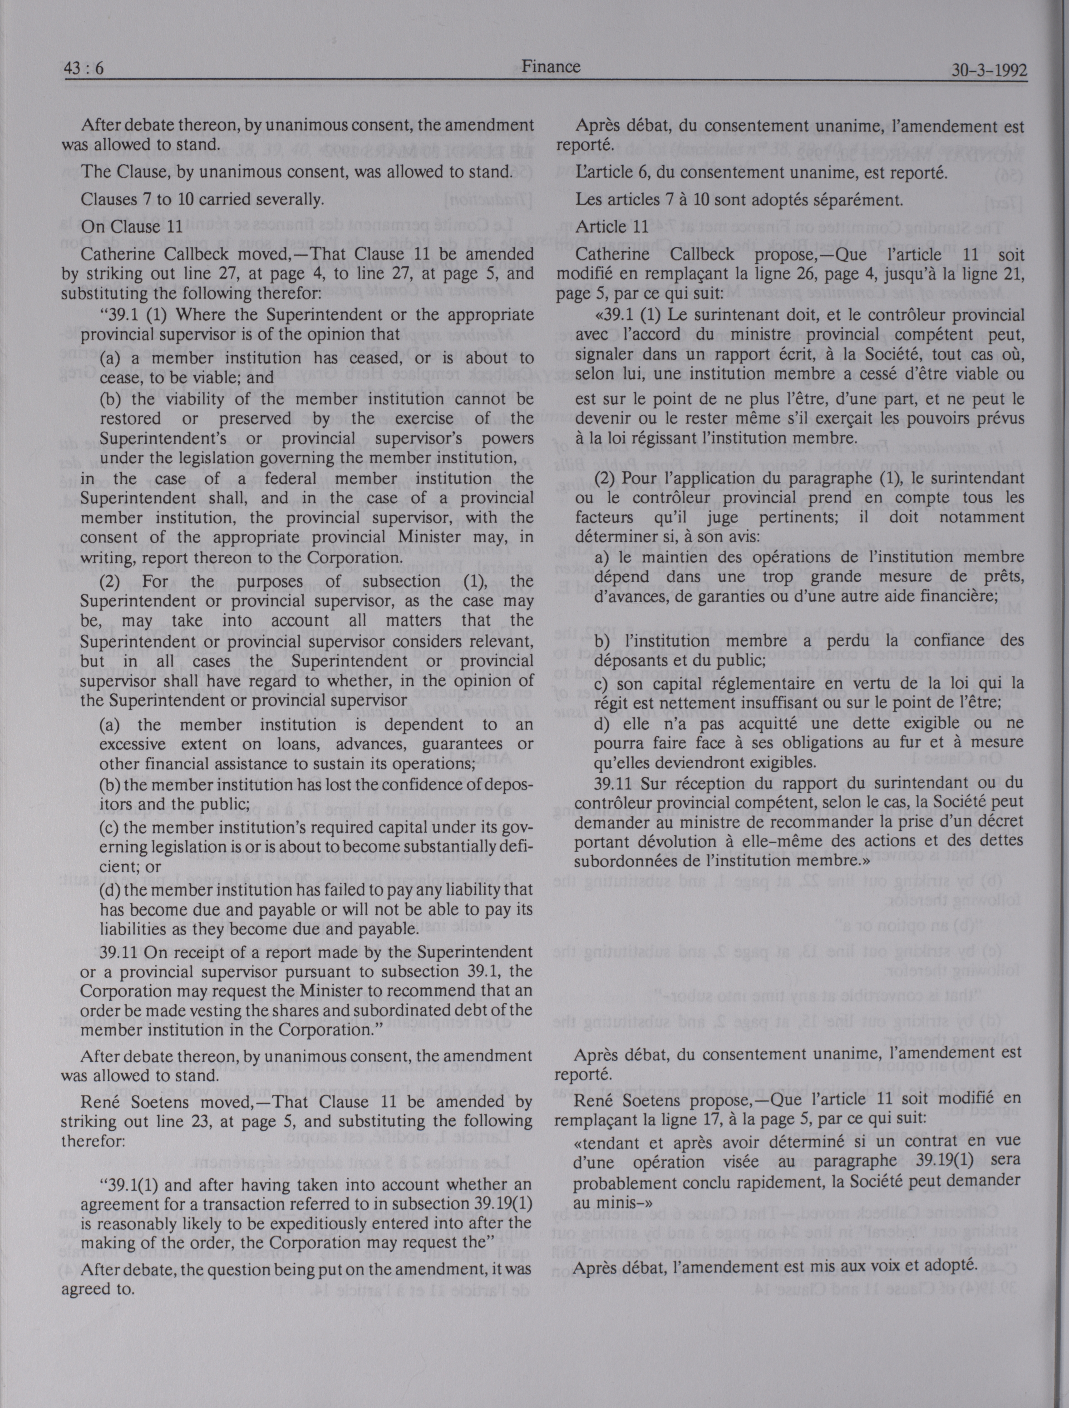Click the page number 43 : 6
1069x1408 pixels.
[x=82, y=69]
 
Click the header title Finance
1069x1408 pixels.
[x=551, y=66]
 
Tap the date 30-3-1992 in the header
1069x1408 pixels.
[x=989, y=70]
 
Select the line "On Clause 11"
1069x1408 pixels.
[x=132, y=226]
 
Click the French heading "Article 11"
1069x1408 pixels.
[x=612, y=226]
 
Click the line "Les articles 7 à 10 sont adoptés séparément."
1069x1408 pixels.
[x=739, y=200]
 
